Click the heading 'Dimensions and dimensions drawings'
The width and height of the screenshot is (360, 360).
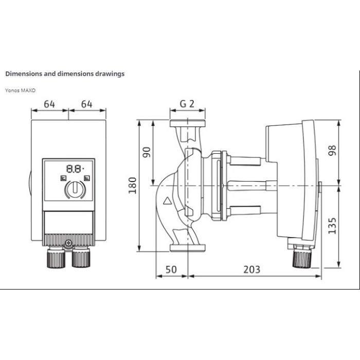click(64, 74)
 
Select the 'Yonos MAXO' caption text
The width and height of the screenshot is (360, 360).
click(20, 89)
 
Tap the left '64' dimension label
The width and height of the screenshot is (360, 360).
click(49, 103)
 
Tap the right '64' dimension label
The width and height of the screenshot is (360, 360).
click(86, 103)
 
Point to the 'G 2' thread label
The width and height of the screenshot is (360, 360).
click(187, 103)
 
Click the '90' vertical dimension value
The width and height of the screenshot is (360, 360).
click(147, 152)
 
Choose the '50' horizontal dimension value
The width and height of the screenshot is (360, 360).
click(172, 268)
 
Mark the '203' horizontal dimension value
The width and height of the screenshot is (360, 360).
click(251, 268)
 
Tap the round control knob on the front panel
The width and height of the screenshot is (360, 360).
click(75, 190)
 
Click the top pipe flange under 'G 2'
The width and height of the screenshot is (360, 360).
click(187, 123)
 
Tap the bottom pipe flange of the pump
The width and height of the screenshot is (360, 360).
click(187, 249)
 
